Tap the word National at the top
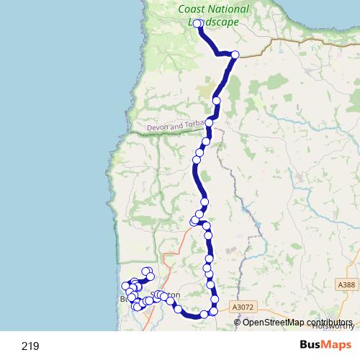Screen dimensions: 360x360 pyautogui.click(x=230, y=9)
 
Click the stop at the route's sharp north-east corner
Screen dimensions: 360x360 pyautogui.click(x=235, y=55)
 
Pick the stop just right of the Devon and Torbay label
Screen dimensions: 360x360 pyautogui.click(x=209, y=123)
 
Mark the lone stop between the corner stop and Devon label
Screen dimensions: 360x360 pyautogui.click(x=217, y=100)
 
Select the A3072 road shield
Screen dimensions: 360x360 pyautogui.click(x=243, y=307)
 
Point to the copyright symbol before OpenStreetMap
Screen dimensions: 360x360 pyautogui.click(x=238, y=322)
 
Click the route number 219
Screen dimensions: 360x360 pyautogui.click(x=30, y=346)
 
